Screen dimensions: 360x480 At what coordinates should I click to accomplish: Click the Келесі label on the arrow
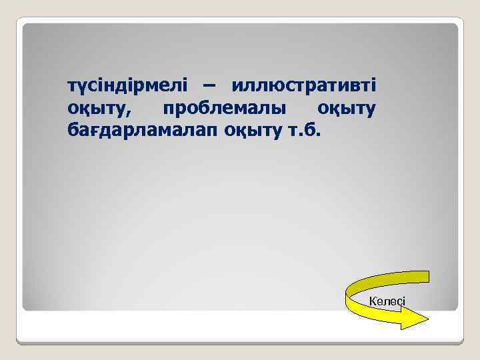click(387, 301)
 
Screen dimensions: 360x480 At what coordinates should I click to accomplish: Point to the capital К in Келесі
click(373, 301)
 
